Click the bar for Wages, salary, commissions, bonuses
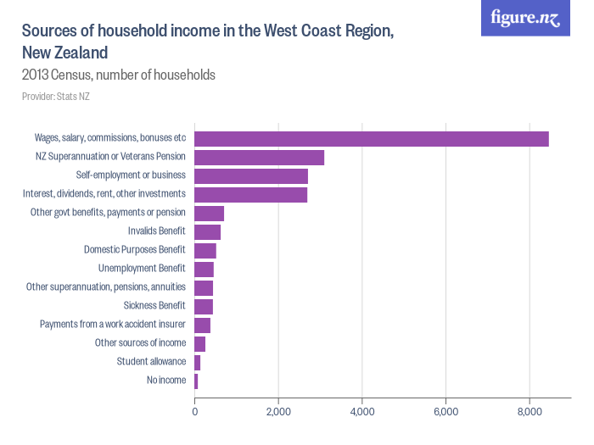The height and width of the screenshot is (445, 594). pyautogui.click(x=372, y=139)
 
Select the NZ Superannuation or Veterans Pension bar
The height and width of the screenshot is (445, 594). pyautogui.click(x=260, y=158)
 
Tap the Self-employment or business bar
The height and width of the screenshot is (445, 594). pyautogui.click(x=251, y=176)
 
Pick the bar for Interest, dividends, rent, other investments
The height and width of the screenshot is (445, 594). pyautogui.click(x=251, y=195)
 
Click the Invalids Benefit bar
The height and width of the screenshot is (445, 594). pyautogui.click(x=208, y=232)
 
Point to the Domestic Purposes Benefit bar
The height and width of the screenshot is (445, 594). pyautogui.click(x=205, y=251)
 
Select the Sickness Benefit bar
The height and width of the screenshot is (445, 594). pyautogui.click(x=204, y=307)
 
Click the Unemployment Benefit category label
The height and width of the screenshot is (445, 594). pyautogui.click(x=142, y=269)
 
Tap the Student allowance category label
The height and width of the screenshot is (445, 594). pyautogui.click(x=151, y=362)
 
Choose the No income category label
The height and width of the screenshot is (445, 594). pyautogui.click(x=165, y=381)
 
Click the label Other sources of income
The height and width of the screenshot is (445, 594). pyautogui.click(x=140, y=343)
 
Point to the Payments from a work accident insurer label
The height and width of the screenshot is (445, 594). pyautogui.click(x=113, y=325)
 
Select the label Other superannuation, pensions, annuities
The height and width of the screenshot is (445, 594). pyautogui.click(x=106, y=287)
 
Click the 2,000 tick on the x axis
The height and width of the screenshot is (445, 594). pyautogui.click(x=278, y=413)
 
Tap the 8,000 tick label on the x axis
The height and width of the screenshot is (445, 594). pyautogui.click(x=530, y=413)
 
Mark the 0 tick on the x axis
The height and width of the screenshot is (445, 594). pyautogui.click(x=195, y=413)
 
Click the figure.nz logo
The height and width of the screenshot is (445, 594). pyautogui.click(x=525, y=18)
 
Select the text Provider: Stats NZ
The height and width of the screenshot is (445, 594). pyautogui.click(x=56, y=97)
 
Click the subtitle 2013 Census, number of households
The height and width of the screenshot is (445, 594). pyautogui.click(x=118, y=75)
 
